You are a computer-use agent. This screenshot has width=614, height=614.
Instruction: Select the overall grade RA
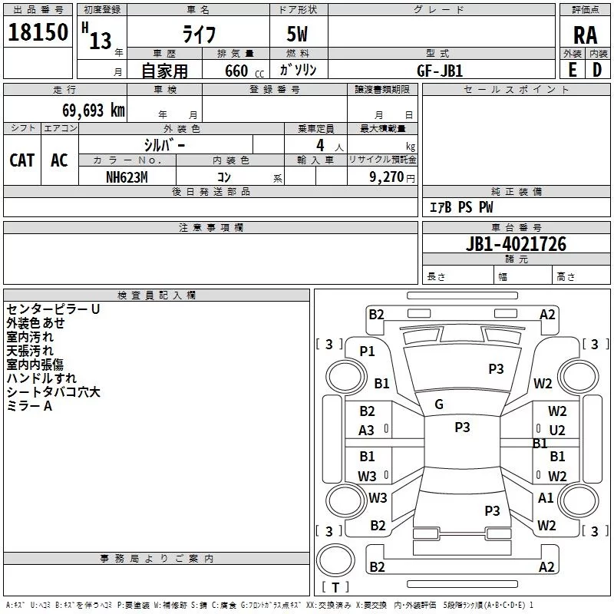585,35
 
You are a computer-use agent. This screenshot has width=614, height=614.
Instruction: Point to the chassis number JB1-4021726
516,245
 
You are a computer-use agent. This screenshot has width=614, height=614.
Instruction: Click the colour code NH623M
127,177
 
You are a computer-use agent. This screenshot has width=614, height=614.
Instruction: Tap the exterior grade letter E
572,71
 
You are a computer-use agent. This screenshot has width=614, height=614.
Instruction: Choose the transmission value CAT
22,160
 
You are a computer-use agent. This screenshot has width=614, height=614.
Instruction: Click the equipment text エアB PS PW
460,208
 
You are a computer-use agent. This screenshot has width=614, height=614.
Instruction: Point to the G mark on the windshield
439,404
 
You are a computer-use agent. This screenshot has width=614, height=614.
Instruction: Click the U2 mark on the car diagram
557,431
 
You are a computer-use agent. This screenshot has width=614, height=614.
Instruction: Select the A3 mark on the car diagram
367,431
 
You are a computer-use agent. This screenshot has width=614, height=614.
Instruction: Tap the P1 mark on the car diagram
367,351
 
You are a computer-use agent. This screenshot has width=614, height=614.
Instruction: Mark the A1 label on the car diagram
546,498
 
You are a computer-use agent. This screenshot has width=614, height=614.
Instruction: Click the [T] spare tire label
335,587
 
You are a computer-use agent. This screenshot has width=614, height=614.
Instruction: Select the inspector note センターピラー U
53,309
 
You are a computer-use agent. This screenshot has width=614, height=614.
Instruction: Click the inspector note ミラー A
29,406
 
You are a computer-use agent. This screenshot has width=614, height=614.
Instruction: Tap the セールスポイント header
517,90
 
